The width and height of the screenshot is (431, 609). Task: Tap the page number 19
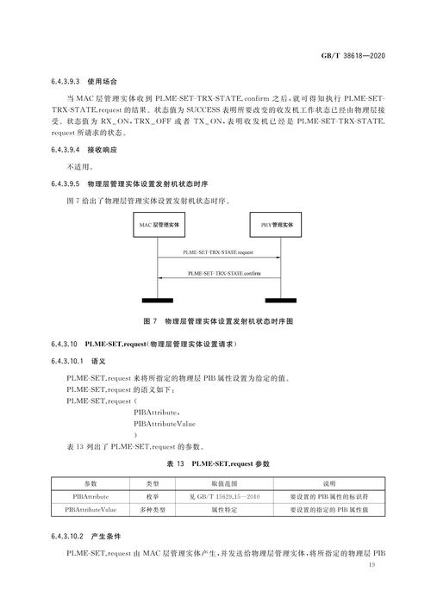tap(372, 564)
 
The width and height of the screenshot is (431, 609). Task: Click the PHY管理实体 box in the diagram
tap(277, 225)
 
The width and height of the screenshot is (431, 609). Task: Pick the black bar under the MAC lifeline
tap(157, 300)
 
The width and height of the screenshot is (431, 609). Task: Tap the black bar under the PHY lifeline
tap(278, 300)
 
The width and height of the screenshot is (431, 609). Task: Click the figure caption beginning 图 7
tap(217, 320)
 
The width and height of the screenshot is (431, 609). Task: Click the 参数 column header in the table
tap(91, 484)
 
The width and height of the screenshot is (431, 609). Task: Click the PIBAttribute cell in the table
tap(91, 497)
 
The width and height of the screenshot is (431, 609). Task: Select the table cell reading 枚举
tap(152, 497)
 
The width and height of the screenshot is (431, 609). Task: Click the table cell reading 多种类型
tap(152, 511)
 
